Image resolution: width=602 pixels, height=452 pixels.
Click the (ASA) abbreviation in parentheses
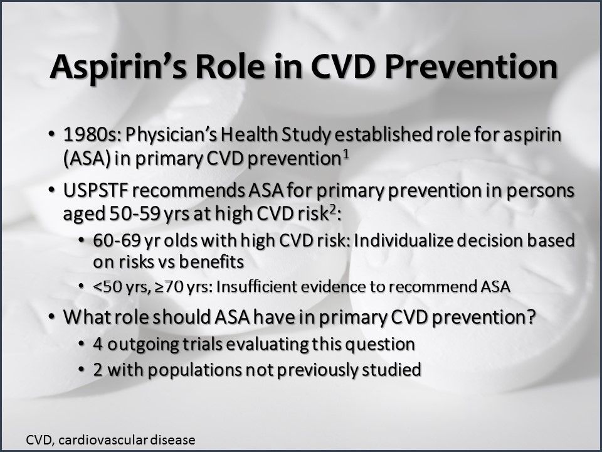(85, 159)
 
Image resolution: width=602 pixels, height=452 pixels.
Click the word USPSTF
(96, 190)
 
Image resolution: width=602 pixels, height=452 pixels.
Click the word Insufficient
(256, 288)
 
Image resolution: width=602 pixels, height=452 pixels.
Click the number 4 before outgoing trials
(98, 345)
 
